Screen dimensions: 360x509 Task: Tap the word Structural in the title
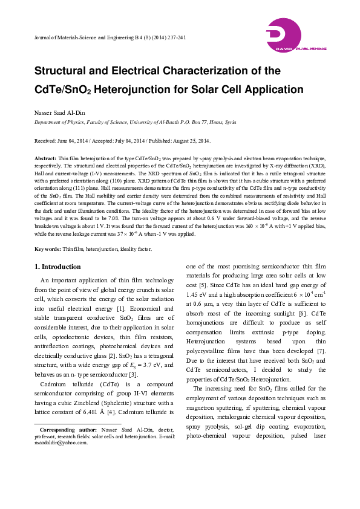[68, 71]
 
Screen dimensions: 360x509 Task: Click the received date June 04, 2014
[76, 141]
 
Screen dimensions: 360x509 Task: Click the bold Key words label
[48, 249]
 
